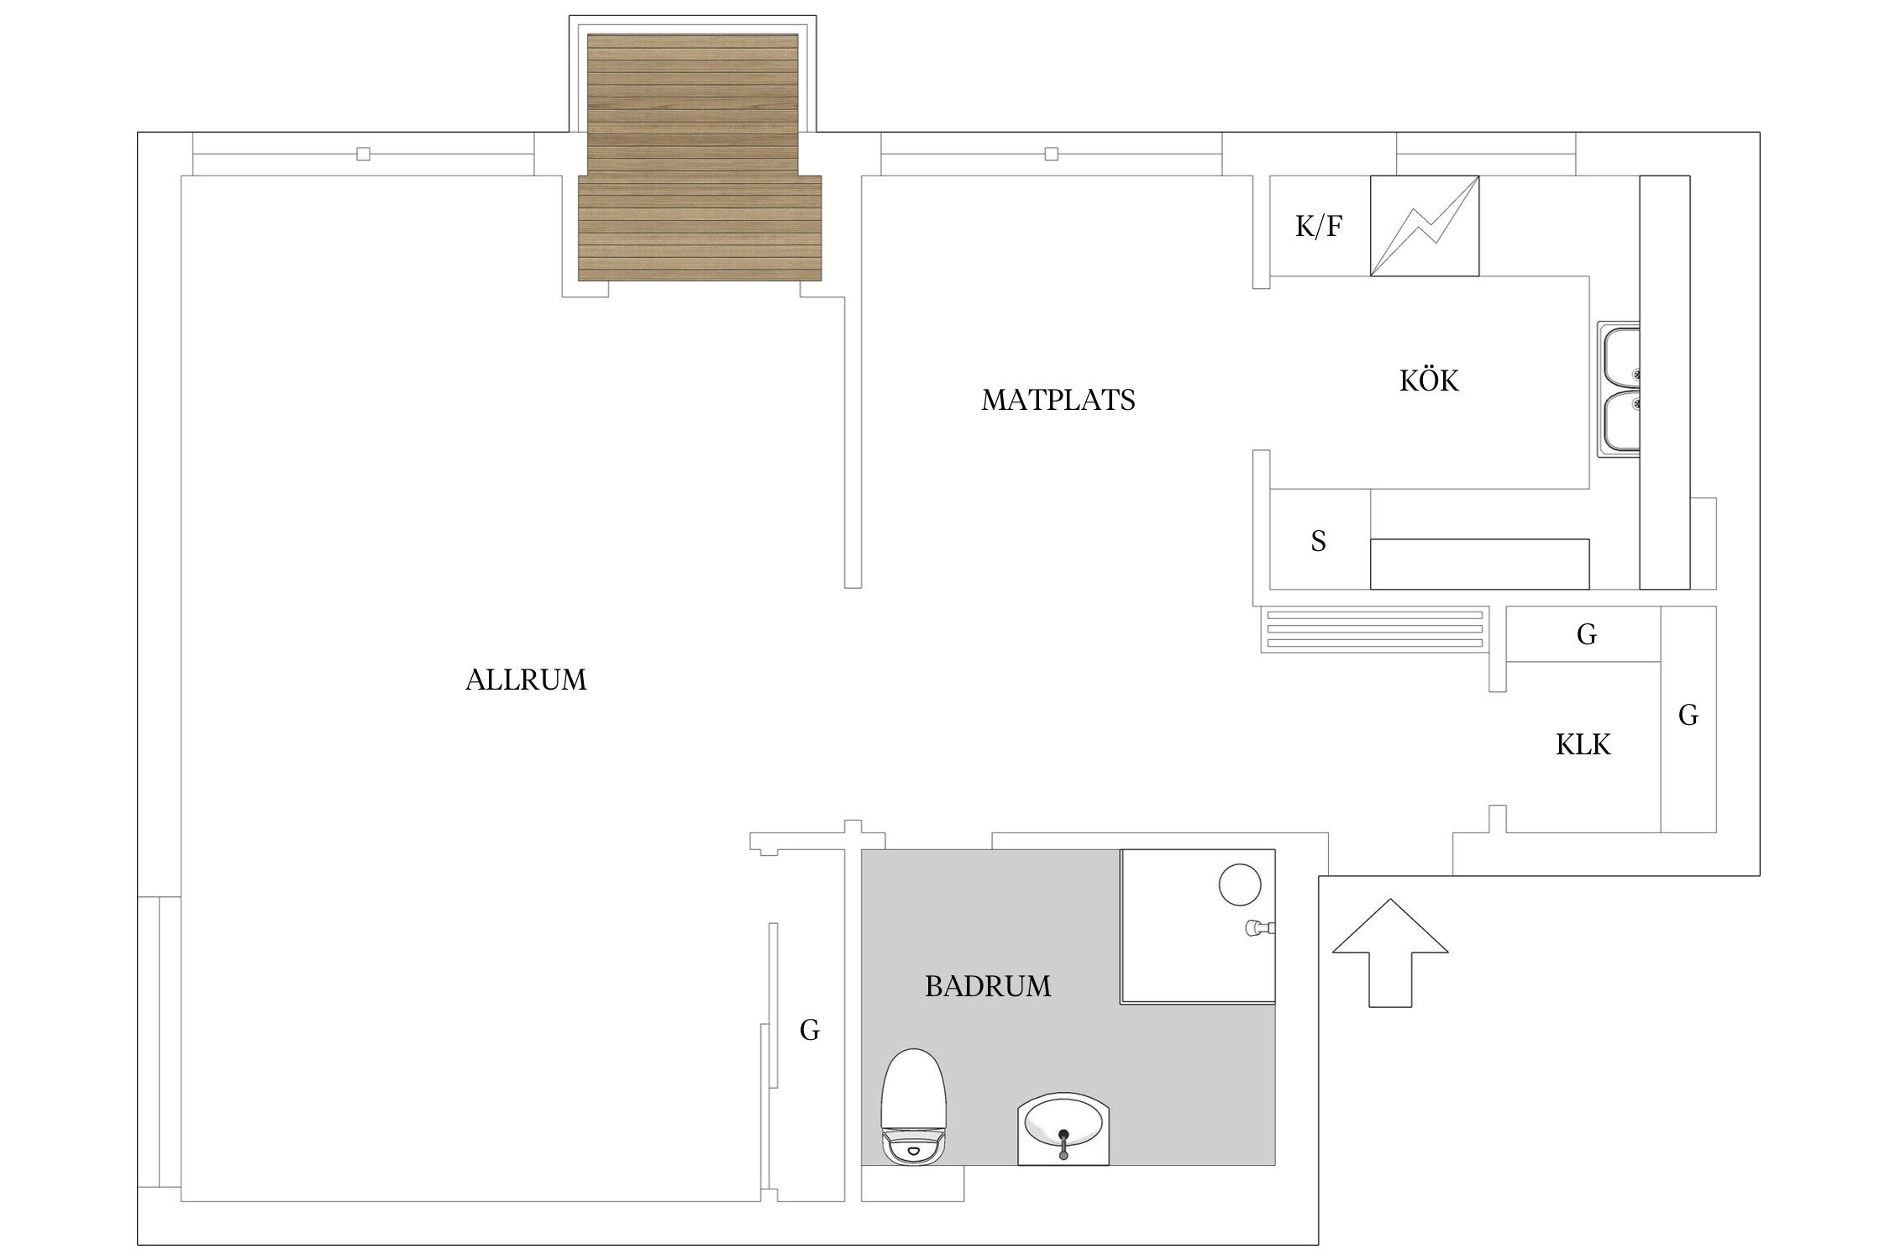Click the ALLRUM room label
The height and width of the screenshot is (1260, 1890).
coord(526,680)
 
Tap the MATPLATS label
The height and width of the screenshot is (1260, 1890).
coord(1058,400)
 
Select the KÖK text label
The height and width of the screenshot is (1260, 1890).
coord(1429,380)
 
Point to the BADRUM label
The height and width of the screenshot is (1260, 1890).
coord(988,986)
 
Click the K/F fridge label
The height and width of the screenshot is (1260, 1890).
coord(1319,226)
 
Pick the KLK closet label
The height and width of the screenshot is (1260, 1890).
coord(1583,745)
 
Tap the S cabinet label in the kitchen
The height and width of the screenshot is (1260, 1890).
coord(1319,541)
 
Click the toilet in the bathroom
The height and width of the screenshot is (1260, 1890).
coord(914,1107)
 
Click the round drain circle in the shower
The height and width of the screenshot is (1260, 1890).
coord(1240,885)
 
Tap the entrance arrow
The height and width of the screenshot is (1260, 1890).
coord(1390,953)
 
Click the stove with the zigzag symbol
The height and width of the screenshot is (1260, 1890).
coord(1425,225)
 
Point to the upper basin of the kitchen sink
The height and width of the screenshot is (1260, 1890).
coord(1621,356)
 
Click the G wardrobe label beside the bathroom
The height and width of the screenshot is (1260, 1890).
coord(810,1030)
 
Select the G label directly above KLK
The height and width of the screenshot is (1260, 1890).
coord(1587,634)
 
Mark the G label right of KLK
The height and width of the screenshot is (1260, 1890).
coord(1688,715)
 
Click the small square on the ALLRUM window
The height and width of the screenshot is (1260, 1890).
coord(363,154)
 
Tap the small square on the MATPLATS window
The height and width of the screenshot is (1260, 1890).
coord(1051,154)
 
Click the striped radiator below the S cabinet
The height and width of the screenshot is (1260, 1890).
coord(1374,629)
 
